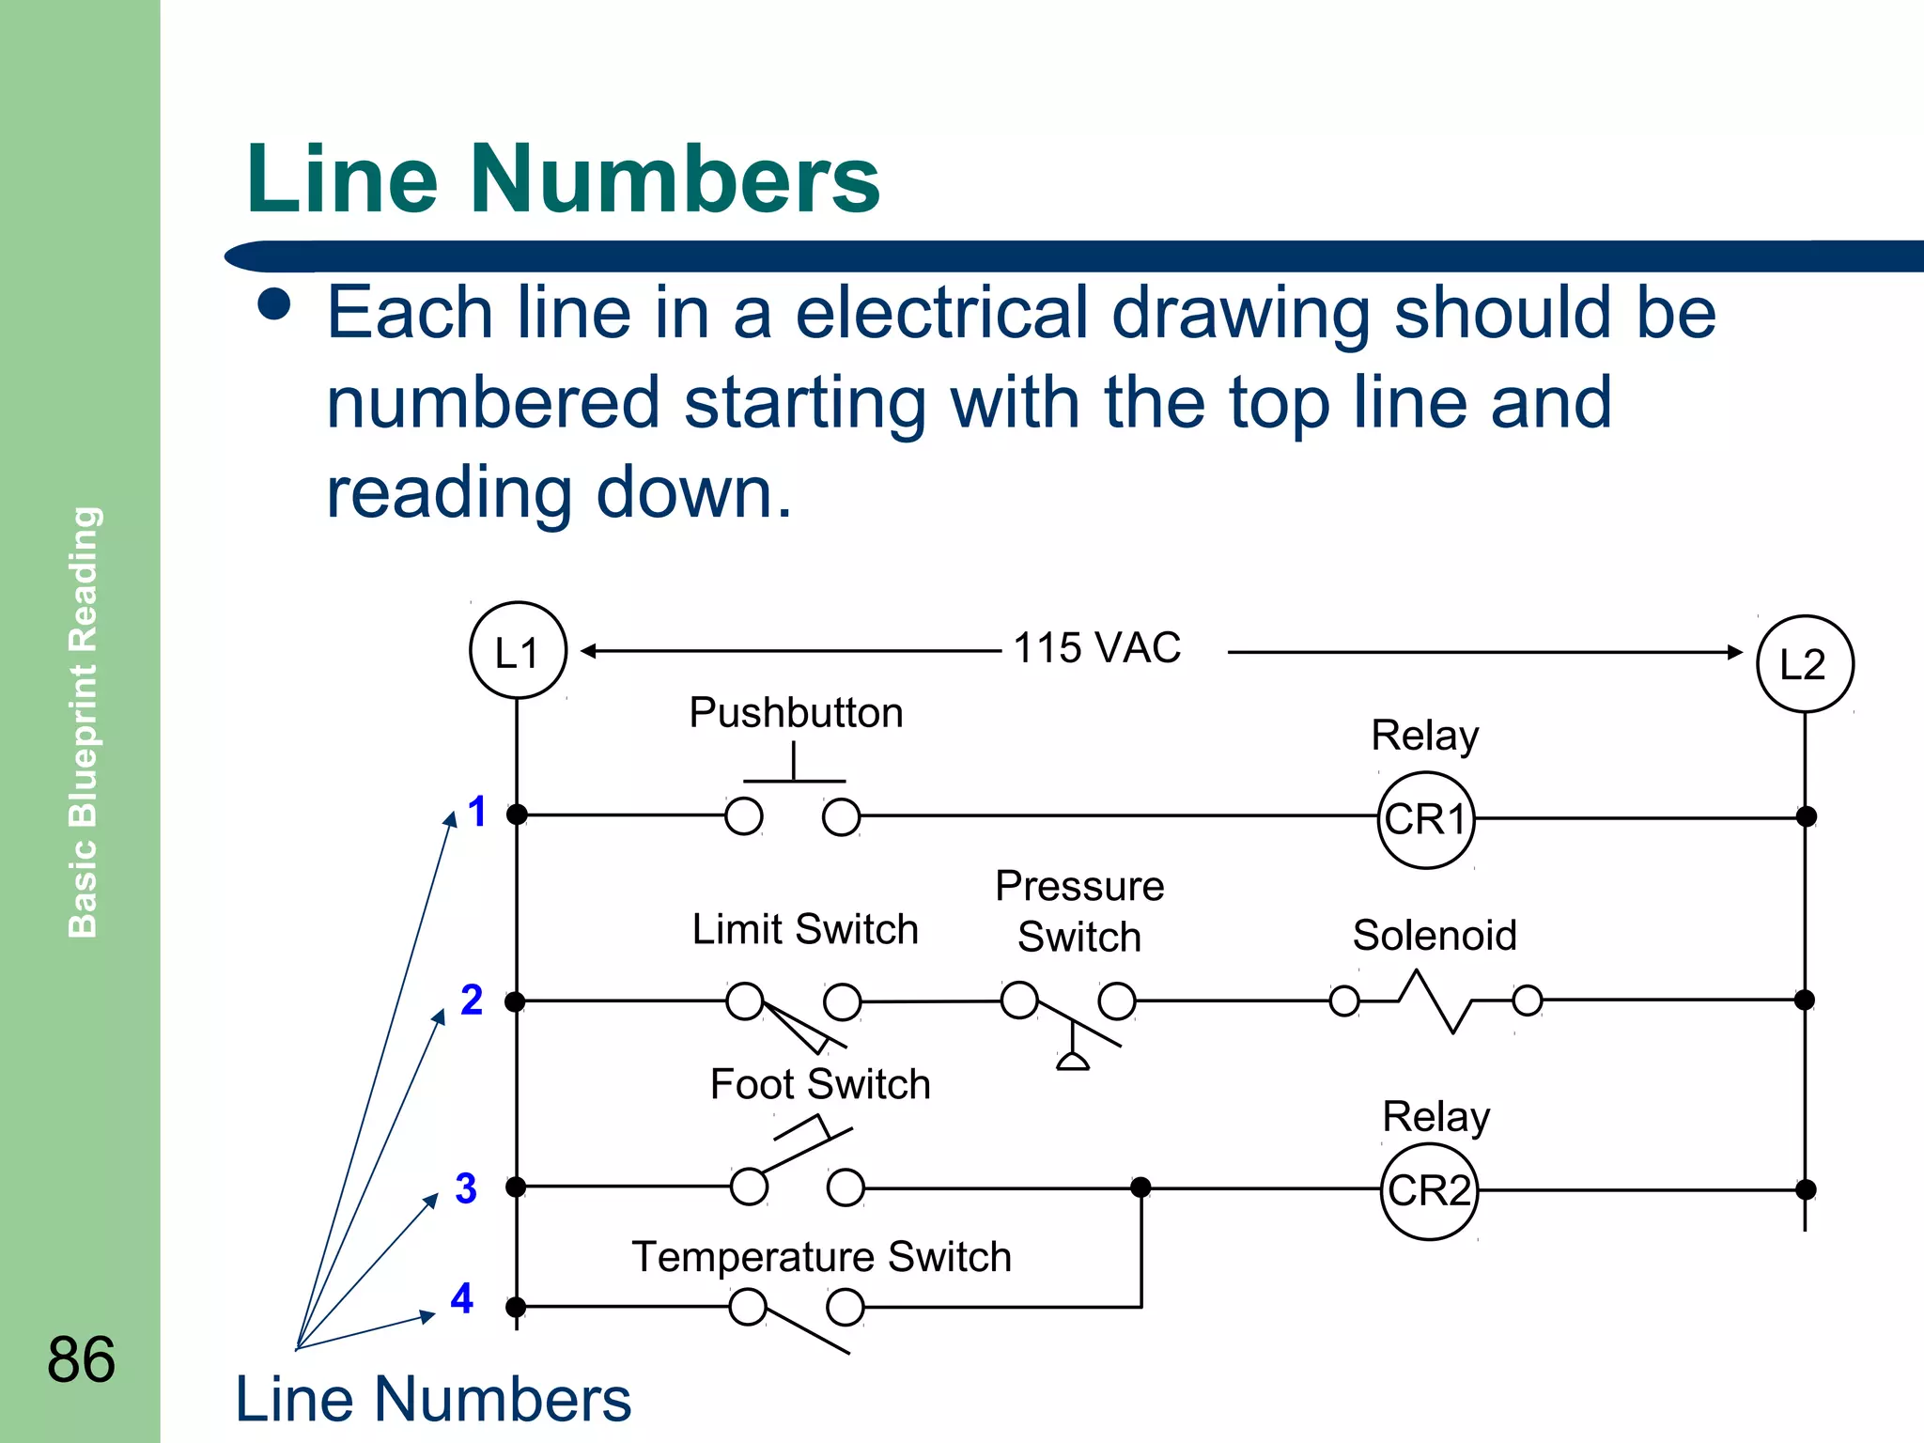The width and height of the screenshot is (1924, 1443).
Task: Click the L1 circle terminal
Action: tap(518, 650)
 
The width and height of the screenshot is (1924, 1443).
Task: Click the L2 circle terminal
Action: tap(1804, 663)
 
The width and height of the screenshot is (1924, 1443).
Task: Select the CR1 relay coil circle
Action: tap(1425, 819)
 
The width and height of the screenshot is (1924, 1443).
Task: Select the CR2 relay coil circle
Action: tap(1429, 1190)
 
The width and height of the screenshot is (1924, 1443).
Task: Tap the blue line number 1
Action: tap(477, 812)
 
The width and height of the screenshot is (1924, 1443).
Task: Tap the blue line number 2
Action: tap(472, 1000)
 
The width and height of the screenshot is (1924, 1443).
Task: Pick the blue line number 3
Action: tap(466, 1188)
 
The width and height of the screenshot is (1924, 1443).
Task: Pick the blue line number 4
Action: tap(461, 1298)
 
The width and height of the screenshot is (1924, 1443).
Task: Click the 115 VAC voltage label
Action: tap(1096, 648)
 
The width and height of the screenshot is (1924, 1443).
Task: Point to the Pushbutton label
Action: tap(796, 713)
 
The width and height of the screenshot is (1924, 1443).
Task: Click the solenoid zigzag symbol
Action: tap(1435, 1001)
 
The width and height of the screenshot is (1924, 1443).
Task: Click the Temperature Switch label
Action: tap(821, 1257)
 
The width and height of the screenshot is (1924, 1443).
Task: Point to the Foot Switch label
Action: tap(820, 1084)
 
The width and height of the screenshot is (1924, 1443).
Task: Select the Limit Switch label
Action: tap(805, 930)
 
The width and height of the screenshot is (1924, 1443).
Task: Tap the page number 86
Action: tap(82, 1359)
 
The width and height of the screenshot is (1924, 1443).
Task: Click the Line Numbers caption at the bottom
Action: tap(433, 1399)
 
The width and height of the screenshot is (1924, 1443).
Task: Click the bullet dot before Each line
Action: tap(274, 304)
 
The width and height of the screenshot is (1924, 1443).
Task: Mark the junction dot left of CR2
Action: tap(1140, 1187)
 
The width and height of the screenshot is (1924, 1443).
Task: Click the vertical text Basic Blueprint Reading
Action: tap(84, 721)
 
